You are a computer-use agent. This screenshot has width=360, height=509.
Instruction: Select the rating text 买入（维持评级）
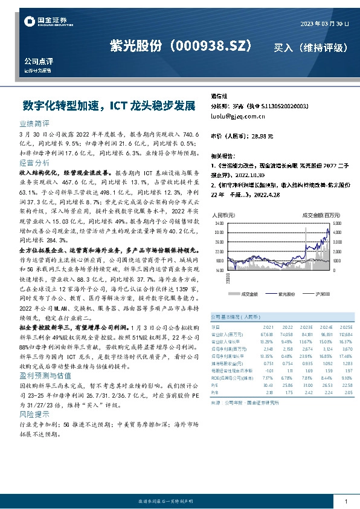pos(310,47)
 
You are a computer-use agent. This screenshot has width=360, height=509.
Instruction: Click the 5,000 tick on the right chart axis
pos(336,223)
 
